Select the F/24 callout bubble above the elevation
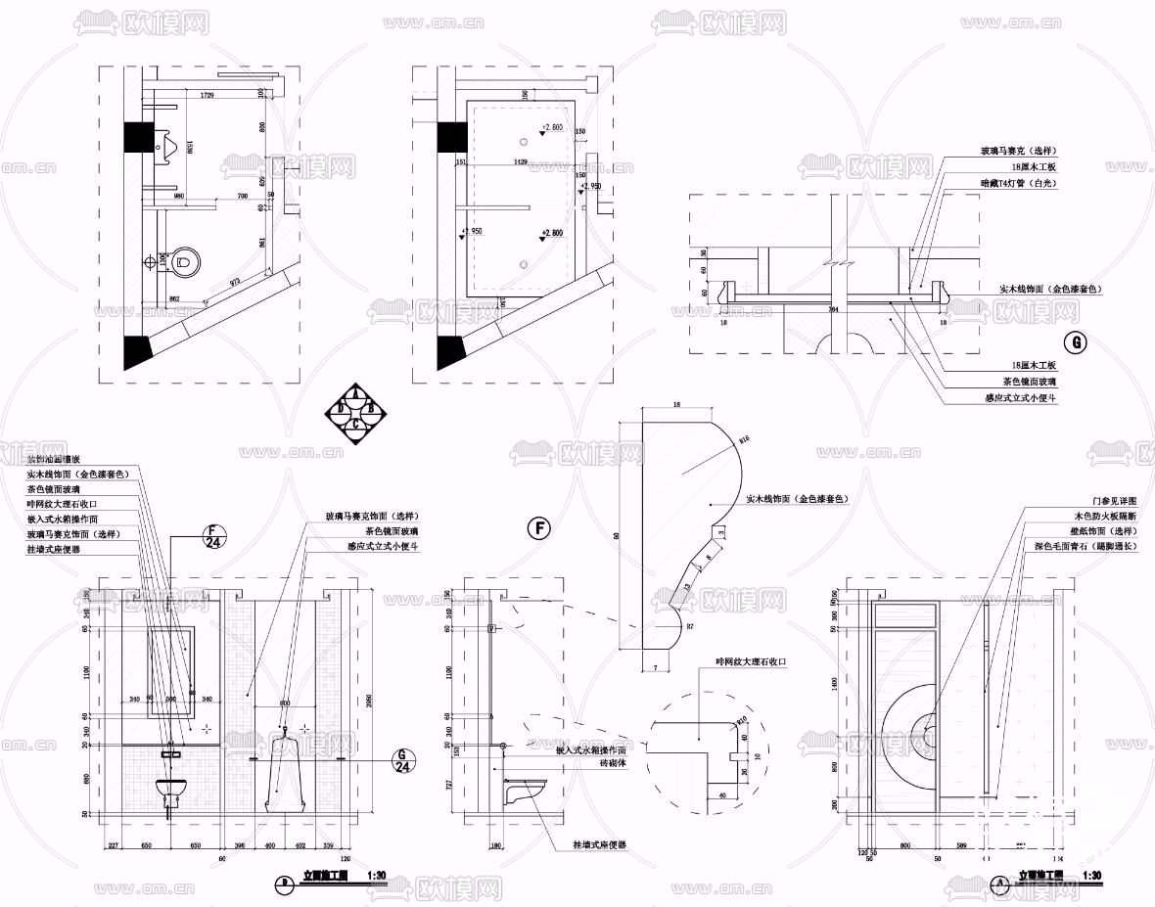(214, 537)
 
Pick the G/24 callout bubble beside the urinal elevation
(400, 760)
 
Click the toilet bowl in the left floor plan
(184, 262)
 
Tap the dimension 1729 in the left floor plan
(208, 96)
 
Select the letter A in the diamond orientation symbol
(357, 394)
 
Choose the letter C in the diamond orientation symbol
(357, 425)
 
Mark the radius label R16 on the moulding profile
(743, 439)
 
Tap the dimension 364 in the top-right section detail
(833, 309)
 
